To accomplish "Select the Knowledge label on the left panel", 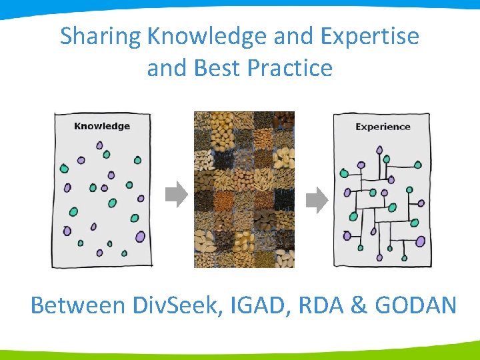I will coord(101,126).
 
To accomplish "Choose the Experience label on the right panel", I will coord(383,127).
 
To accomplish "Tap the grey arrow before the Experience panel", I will coord(317,199).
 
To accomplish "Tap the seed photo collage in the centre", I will coord(244,190).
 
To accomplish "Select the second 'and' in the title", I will coord(166,68).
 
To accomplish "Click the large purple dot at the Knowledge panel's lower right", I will coord(140,236).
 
